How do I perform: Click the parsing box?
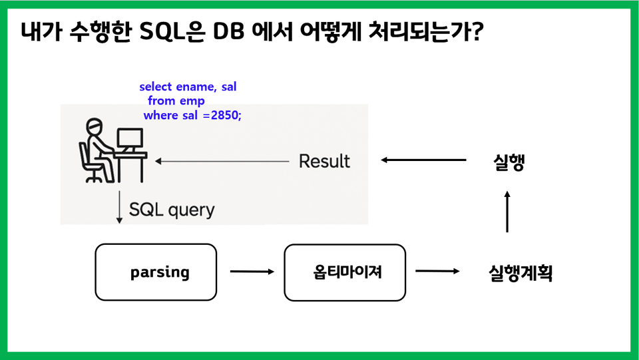(156, 272)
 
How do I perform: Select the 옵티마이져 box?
(345, 272)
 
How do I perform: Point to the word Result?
(324, 161)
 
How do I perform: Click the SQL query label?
(172, 210)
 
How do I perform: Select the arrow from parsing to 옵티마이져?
(252, 271)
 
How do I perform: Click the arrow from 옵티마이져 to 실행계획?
(437, 271)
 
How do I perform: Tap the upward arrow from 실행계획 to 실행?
(507, 212)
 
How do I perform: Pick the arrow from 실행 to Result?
(423, 160)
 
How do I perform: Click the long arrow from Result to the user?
(222, 161)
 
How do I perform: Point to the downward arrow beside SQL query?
(120, 208)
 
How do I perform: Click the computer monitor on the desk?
(129, 138)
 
